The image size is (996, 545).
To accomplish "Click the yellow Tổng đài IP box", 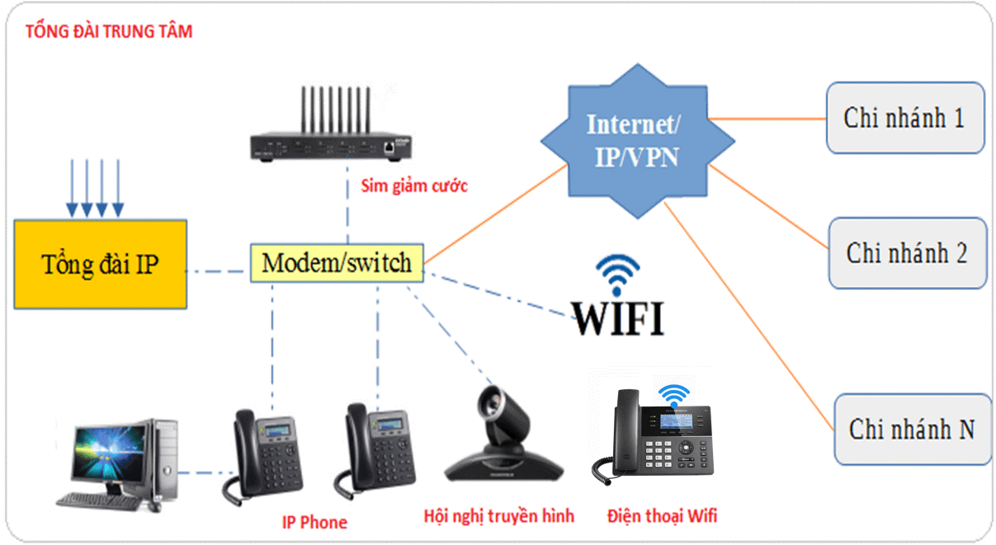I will (100, 264).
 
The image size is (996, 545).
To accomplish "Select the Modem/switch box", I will (336, 263).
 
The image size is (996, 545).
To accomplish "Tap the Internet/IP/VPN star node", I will (636, 139).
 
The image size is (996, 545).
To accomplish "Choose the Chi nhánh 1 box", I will (904, 117).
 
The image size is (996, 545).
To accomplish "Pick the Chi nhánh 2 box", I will (906, 253).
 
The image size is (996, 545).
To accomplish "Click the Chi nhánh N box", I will (911, 429).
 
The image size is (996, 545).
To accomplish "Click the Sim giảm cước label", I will (414, 186).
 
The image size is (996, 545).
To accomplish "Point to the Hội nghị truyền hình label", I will (498, 516).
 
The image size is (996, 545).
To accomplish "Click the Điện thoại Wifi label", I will (662, 516).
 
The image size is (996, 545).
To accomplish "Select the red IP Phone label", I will (314, 522).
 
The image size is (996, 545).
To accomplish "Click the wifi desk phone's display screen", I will (676, 421).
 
